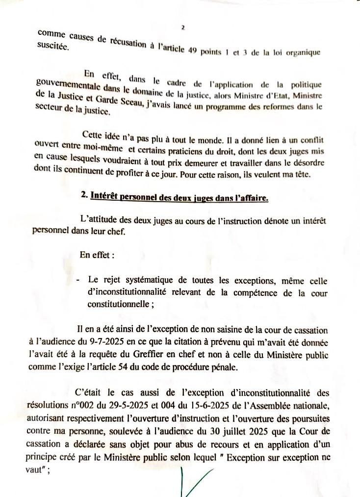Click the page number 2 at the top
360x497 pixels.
(182, 27)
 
